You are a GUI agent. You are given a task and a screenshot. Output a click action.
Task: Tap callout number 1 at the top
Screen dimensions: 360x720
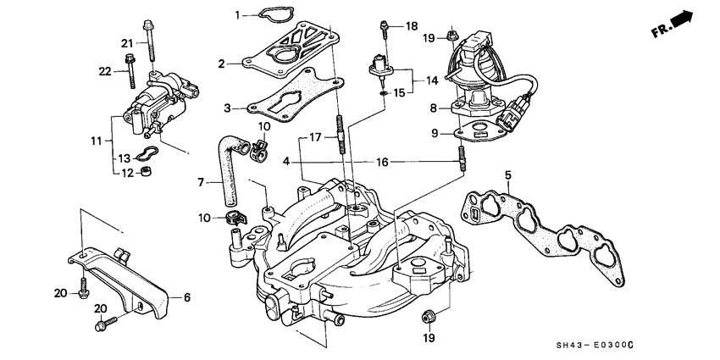click(x=238, y=14)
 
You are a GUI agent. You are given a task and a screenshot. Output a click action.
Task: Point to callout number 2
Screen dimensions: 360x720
click(x=221, y=64)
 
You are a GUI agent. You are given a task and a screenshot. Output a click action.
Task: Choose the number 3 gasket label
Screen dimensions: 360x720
click(x=227, y=108)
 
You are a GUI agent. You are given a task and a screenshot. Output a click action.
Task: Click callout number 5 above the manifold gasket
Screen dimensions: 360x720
click(x=507, y=175)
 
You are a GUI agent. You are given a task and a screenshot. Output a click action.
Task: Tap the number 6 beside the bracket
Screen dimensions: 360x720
click(x=187, y=296)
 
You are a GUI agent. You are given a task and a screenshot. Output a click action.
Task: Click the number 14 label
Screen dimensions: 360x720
click(x=432, y=80)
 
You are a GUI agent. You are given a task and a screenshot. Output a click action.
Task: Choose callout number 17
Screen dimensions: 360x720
click(x=313, y=136)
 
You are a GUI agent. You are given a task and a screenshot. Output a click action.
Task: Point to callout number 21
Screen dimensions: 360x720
click(x=127, y=42)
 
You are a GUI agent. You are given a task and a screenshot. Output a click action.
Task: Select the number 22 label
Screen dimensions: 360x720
click(x=105, y=71)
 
